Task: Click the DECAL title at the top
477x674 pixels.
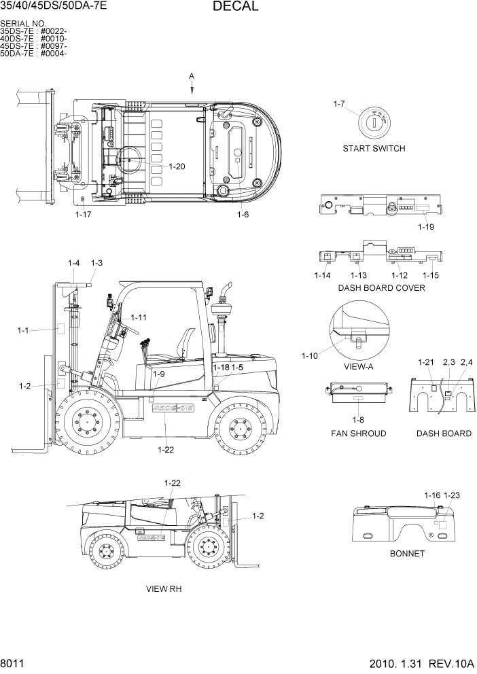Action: (235, 7)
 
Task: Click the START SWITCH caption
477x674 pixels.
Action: (374, 148)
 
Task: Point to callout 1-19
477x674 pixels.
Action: (425, 227)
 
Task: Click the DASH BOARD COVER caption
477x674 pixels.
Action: (381, 287)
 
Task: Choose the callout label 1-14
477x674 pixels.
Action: (322, 275)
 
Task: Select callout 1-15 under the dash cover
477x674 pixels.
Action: (431, 275)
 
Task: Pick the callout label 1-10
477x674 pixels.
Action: (310, 355)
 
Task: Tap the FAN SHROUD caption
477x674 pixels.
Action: (358, 433)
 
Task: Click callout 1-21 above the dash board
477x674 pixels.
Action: (425, 363)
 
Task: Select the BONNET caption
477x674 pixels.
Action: (407, 553)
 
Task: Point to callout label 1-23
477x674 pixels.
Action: (452, 495)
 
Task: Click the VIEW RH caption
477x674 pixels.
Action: (164, 588)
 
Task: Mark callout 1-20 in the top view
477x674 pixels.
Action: (177, 166)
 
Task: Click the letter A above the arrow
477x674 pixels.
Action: (192, 75)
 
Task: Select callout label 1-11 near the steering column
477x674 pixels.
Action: (139, 317)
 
